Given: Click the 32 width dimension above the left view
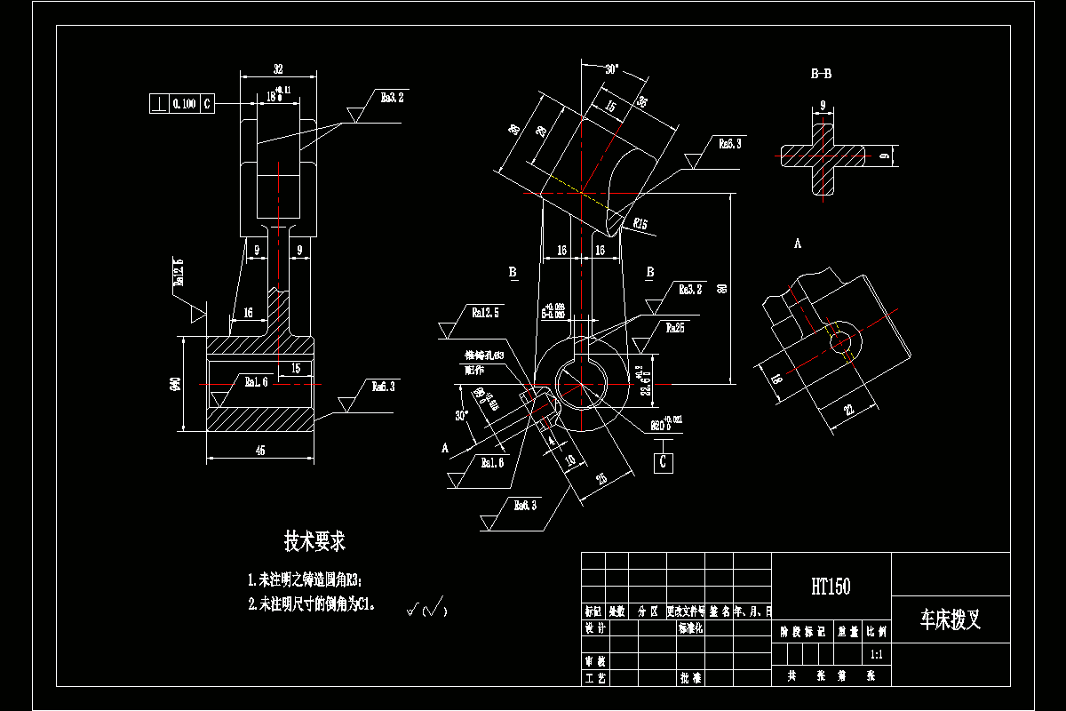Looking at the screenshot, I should pyautogui.click(x=278, y=68).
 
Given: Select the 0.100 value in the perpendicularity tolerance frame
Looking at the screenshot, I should pyautogui.click(x=184, y=104).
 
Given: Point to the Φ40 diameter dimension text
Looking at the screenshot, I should pyautogui.click(x=176, y=384).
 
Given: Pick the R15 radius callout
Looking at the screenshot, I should pyautogui.click(x=640, y=222).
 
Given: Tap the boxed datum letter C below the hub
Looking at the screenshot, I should pyautogui.click(x=663, y=462).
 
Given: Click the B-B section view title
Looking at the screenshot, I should pyautogui.click(x=822, y=75).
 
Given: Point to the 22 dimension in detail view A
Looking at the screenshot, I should pyautogui.click(x=847, y=409).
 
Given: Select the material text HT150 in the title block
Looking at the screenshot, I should pyautogui.click(x=831, y=587).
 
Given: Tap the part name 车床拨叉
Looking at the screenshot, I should pyautogui.click(x=950, y=619).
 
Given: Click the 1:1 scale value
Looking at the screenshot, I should pyautogui.click(x=876, y=654).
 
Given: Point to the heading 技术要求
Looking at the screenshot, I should pyautogui.click(x=314, y=540).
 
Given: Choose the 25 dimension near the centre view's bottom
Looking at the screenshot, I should pyautogui.click(x=601, y=480).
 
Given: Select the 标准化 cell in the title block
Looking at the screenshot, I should pyautogui.click(x=690, y=628).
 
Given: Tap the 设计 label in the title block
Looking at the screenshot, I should pyautogui.click(x=594, y=628).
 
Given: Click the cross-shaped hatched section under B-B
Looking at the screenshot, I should pyautogui.click(x=823, y=156).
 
